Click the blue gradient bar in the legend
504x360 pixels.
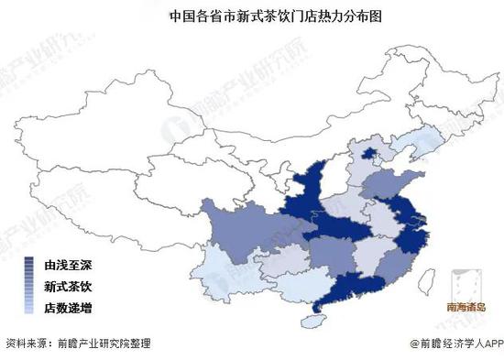click(31, 286)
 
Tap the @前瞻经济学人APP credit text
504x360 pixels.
click(451, 343)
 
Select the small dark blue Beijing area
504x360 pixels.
click(369, 154)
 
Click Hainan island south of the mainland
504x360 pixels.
click(314, 321)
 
